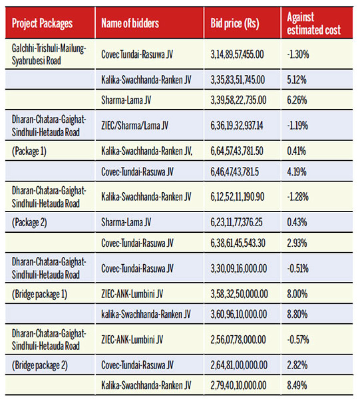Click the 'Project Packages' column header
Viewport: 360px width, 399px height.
point(42,23)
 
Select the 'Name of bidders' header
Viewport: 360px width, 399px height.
point(130,23)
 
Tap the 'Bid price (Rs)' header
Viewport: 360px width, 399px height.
point(234,23)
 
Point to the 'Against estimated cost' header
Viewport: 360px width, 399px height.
point(314,23)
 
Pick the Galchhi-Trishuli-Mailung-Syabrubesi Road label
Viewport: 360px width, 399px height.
point(49,54)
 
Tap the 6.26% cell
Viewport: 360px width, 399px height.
point(297,101)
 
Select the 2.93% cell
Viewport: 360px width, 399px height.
point(297,243)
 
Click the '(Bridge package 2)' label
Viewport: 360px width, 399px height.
point(40,365)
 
